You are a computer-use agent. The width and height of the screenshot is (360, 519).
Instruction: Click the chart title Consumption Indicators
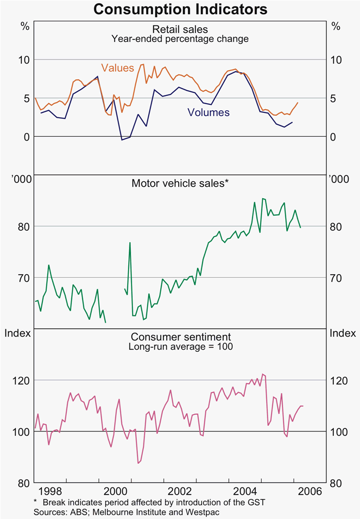(x=180, y=9)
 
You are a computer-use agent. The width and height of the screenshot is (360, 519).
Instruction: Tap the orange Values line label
(x=117, y=68)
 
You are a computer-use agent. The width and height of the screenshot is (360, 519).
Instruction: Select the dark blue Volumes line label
(x=208, y=113)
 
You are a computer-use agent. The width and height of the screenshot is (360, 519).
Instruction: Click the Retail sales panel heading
(x=180, y=29)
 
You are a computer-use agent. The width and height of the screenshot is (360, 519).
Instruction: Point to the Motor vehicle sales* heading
(x=180, y=183)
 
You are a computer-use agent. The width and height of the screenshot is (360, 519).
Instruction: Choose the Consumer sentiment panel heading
(x=180, y=337)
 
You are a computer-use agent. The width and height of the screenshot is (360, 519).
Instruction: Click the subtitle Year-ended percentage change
(x=180, y=39)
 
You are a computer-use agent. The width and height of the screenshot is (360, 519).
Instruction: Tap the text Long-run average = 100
(x=180, y=346)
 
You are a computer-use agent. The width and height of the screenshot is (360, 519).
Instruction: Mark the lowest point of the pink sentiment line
(x=138, y=463)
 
